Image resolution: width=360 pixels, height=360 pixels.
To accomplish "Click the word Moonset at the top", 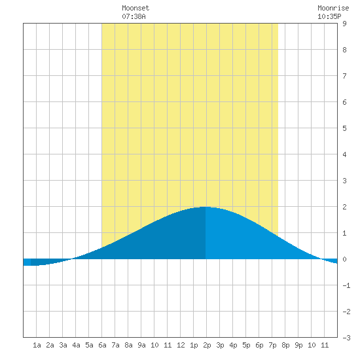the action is [x=135, y=8].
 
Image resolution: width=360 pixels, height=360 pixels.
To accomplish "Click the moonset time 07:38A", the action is [x=134, y=16].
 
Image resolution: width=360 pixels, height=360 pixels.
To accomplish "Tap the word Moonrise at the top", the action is [x=333, y=8].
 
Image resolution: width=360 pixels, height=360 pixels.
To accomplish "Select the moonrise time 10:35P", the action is [x=329, y=16].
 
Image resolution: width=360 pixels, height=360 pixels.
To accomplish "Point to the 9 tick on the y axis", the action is [x=344, y=24].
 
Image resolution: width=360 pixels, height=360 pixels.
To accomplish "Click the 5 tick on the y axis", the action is [x=344, y=128].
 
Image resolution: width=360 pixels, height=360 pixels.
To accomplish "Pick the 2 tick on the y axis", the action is [x=344, y=207].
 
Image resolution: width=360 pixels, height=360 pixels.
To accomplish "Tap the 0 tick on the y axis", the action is [x=344, y=259].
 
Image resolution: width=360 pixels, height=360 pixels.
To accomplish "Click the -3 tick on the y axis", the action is [x=346, y=338].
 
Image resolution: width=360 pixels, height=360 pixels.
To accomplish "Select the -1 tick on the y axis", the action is [x=346, y=285].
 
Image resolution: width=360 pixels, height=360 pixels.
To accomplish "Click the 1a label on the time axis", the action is [x=37, y=345].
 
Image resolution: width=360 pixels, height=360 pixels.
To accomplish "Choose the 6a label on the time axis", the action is [x=102, y=345].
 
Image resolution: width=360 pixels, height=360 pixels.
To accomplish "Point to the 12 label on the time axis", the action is [x=181, y=345].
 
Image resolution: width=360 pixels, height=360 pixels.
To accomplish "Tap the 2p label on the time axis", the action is [x=207, y=345].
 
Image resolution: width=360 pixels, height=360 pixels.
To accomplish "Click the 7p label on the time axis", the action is [x=272, y=345].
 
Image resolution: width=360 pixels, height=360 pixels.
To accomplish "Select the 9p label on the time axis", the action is [x=298, y=345].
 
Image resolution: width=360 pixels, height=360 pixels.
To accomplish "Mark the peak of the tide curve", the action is [x=205, y=207].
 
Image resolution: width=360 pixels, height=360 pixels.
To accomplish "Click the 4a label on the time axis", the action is [x=76, y=345].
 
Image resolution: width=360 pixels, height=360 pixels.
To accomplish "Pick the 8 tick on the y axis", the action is [x=344, y=50].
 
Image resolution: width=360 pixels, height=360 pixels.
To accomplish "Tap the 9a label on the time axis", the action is [x=141, y=345].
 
